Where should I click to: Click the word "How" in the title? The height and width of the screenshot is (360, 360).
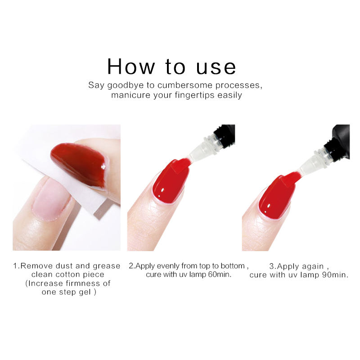pos(131,67)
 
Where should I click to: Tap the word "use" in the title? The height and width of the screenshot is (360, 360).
pos(216,68)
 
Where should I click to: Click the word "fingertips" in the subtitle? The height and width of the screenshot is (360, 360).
pos(194,95)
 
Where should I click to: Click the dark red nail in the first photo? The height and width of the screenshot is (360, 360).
pos(79,165)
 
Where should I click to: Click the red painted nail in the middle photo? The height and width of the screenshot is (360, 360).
pos(171,181)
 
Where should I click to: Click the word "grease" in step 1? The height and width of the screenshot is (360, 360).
pos(107,266)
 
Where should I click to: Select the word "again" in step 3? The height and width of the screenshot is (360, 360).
pos(313,267)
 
